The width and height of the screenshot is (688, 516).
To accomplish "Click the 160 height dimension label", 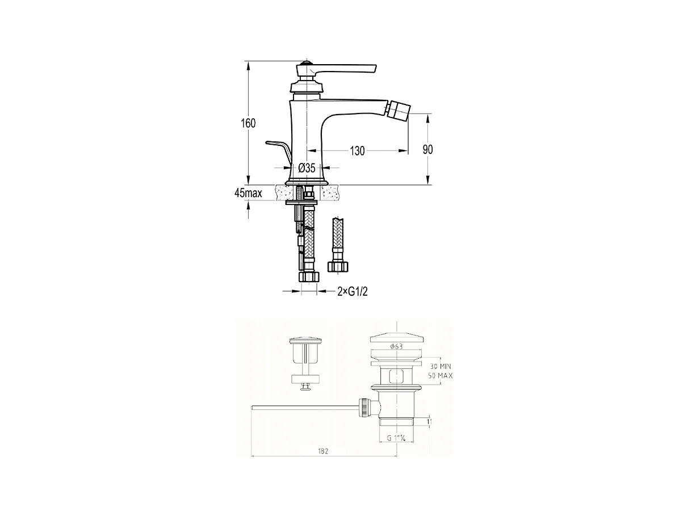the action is (x=248, y=123).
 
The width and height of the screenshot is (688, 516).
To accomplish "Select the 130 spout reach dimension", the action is (x=357, y=151).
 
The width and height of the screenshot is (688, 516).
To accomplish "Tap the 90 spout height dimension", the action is (x=427, y=149).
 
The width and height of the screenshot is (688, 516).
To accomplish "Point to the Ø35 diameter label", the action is (x=307, y=168).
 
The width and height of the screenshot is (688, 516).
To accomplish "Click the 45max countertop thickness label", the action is (x=248, y=193).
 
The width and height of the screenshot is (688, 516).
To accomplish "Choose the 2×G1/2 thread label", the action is (x=353, y=292).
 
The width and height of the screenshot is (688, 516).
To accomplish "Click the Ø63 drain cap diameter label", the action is (x=396, y=346).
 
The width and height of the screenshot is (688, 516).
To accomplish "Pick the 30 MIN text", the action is (x=441, y=366).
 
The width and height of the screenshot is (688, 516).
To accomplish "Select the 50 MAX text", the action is (x=441, y=376).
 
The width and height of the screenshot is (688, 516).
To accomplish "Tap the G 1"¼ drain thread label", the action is (x=396, y=438).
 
